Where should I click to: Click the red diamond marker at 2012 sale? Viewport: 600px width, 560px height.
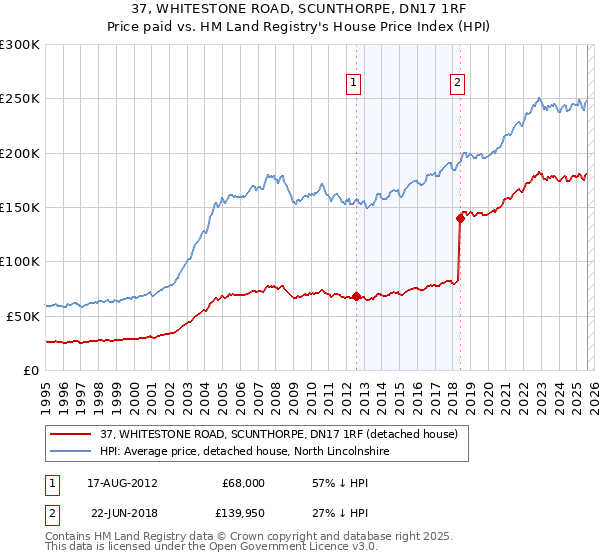356,296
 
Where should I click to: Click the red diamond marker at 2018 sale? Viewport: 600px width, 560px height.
460,217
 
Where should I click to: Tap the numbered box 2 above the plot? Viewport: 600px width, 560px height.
457,83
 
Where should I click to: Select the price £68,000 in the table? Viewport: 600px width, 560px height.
242,483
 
